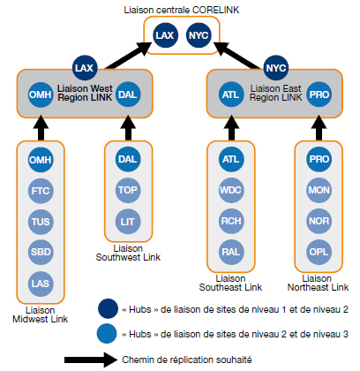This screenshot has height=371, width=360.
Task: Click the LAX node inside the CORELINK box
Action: coord(165,35)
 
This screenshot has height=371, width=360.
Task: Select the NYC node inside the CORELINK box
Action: coord(199,35)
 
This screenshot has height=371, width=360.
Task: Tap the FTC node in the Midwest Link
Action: coord(41,191)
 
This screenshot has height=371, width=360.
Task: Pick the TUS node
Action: coord(41,222)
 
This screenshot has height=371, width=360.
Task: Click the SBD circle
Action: coord(41,253)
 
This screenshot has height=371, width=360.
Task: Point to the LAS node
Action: coord(41,284)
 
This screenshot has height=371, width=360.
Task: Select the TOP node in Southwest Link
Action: coord(128,190)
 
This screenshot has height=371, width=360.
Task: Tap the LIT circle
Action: coord(128,222)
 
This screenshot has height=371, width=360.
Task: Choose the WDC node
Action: coord(231,190)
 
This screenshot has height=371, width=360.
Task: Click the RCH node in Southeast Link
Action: coord(231,221)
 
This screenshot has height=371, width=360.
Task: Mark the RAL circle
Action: coord(231,253)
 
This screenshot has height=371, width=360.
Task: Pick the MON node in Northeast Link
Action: coord(319,190)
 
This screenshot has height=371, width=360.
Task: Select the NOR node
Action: coord(319,221)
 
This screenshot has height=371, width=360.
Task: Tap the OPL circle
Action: coord(319,253)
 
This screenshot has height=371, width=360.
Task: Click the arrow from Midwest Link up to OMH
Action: coord(41,128)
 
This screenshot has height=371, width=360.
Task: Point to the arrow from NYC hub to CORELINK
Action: coord(237,56)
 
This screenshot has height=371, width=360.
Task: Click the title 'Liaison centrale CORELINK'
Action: coord(182,10)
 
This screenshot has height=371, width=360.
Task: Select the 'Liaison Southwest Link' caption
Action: coord(128,253)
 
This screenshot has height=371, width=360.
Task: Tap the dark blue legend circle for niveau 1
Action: coord(109,309)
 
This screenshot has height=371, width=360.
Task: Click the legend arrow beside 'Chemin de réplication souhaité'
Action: coord(91,360)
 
